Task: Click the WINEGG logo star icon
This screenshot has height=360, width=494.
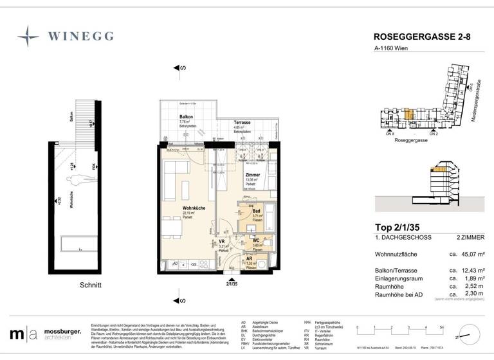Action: coord(28,36)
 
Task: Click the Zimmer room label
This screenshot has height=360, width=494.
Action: coord(253,174)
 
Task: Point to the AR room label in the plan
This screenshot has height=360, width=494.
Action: coord(250,258)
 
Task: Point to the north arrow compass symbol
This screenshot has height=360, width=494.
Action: coord(468,335)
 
